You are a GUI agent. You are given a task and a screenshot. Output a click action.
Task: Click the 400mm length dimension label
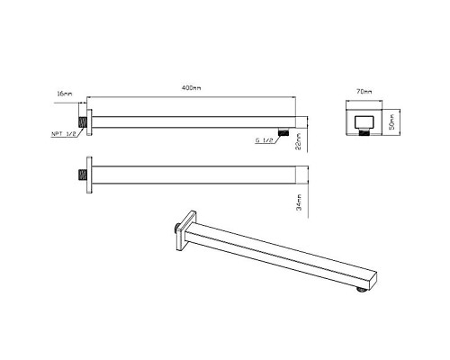192,88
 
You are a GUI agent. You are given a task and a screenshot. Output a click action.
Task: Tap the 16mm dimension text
65,94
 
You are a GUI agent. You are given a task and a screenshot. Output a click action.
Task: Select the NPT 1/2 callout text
64,134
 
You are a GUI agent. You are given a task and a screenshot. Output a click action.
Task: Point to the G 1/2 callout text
264,140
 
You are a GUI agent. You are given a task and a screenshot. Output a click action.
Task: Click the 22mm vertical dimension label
299,141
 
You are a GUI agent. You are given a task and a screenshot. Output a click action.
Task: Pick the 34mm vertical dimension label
299,202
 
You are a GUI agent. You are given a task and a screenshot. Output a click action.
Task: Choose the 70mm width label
364,92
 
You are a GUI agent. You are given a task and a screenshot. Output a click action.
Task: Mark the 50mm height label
391,121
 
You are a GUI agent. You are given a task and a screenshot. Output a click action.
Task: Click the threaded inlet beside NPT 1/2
83,122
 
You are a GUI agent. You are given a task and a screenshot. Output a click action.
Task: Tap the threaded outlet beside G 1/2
283,132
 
